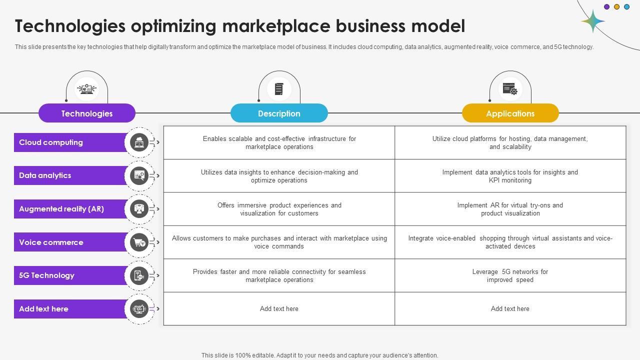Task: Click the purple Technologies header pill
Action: [x=87, y=113]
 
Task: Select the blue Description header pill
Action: [x=279, y=113]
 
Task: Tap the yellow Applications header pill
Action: [x=510, y=113]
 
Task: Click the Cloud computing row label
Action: [x=51, y=142]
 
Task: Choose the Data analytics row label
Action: [x=45, y=175]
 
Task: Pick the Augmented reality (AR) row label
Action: [x=61, y=209]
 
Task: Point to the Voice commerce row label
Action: [x=51, y=242]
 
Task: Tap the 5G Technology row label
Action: [x=46, y=275]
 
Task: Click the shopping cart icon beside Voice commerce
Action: [x=139, y=242]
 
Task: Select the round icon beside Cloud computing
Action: [x=139, y=142]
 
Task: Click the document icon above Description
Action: [x=279, y=89]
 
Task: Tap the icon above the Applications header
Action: [x=510, y=89]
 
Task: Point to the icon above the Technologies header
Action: [x=87, y=89]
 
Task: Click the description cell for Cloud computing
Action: [x=279, y=143]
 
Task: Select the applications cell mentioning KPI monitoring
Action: [x=510, y=176]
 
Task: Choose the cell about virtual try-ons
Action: [x=510, y=209]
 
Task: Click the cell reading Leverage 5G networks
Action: [x=510, y=275]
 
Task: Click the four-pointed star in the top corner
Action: [x=593, y=21]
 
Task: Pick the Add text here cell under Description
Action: [x=279, y=309]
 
